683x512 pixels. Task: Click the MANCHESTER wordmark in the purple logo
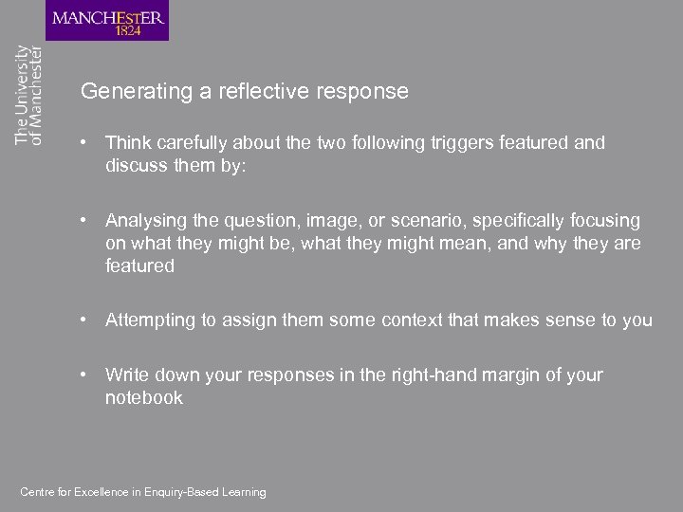click(x=107, y=16)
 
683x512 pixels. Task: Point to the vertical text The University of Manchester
click(x=28, y=95)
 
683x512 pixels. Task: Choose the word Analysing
click(x=144, y=221)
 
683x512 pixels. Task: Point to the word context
click(x=413, y=320)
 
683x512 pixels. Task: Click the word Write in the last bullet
click(x=126, y=375)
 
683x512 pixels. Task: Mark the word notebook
click(x=143, y=398)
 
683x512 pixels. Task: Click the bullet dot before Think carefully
click(x=85, y=143)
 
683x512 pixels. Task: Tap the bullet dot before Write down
click(x=85, y=375)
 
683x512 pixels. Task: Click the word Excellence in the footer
click(x=100, y=492)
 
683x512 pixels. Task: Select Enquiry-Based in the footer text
click(x=190, y=492)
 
